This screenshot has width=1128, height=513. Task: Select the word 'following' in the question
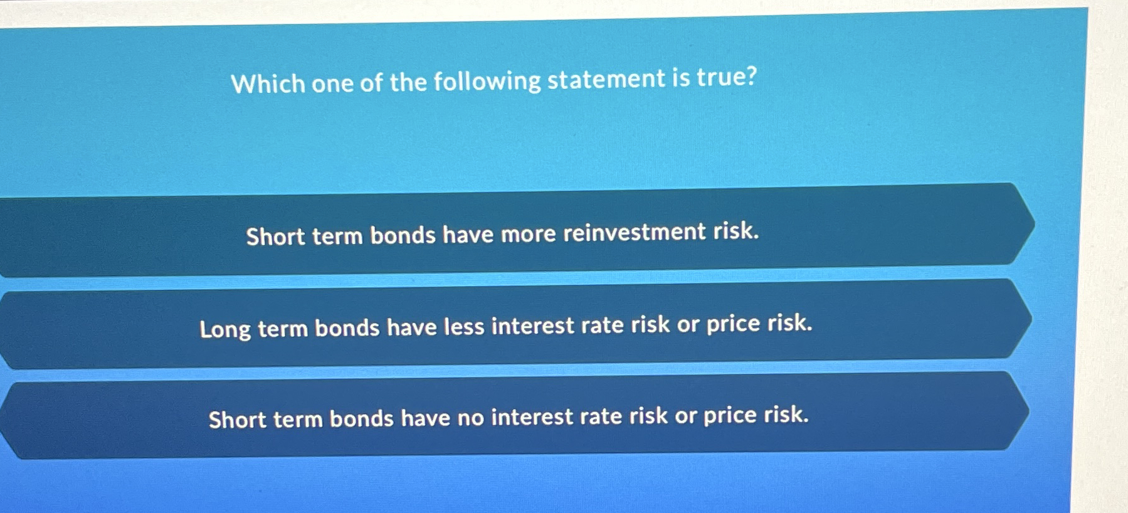click(487, 82)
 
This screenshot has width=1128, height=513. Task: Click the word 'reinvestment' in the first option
click(634, 232)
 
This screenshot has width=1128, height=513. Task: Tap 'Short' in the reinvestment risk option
click(275, 236)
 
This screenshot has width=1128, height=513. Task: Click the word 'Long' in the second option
click(224, 329)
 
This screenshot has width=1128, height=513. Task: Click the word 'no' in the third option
click(470, 418)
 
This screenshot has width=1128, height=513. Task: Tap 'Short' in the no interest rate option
click(237, 420)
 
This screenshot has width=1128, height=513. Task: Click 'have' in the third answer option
click(425, 418)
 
